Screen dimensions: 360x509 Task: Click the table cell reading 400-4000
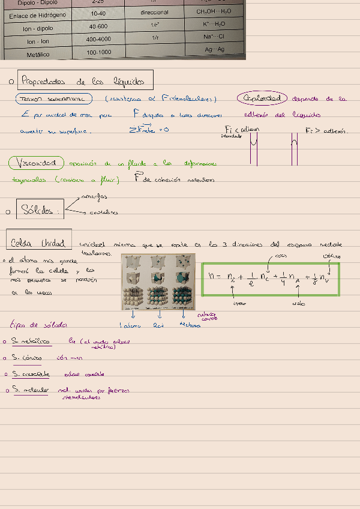(98, 40)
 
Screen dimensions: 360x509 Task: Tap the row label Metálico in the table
(38, 55)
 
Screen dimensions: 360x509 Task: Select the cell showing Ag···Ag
(214, 49)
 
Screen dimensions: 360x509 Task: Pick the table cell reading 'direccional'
(155, 12)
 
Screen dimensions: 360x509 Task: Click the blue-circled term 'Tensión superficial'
(54, 98)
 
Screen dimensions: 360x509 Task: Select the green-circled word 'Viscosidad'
(37, 163)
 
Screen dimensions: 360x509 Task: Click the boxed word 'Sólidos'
(40, 210)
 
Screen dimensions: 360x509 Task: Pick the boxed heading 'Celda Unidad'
(38, 243)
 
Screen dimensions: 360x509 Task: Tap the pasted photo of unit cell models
(159, 282)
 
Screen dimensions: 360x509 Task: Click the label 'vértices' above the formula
(332, 256)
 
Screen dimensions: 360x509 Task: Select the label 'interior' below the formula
(240, 304)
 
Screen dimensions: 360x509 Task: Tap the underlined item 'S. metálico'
(31, 342)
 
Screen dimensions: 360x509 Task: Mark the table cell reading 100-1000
(99, 53)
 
